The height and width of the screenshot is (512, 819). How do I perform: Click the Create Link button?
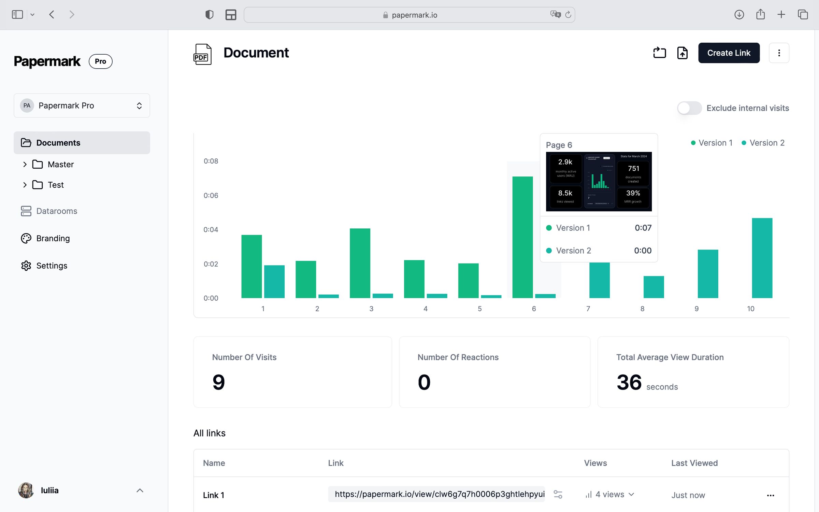pos(729,53)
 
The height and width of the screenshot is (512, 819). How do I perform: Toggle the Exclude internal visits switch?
pos(689,108)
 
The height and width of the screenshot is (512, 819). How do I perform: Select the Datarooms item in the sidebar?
pos(56,211)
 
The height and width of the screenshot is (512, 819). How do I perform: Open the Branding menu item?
pos(53,238)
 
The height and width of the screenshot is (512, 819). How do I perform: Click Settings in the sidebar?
pos(52,266)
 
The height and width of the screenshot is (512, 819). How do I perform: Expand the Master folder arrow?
pos(25,165)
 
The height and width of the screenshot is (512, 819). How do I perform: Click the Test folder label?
pos(56,185)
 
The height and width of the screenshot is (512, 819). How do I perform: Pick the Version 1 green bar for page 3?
pos(360,263)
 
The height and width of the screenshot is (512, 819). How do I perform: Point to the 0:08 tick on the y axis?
pos(211,161)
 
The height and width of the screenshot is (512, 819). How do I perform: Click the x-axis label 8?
pos(642,309)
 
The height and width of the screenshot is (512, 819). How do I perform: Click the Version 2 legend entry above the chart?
pos(763,143)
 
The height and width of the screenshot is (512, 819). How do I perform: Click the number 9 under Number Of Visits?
pos(218,382)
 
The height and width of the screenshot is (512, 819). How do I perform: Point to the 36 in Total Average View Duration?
pos(629,382)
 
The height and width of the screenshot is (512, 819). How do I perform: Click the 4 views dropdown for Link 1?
pos(609,495)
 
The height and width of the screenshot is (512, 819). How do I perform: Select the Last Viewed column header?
pos(694,463)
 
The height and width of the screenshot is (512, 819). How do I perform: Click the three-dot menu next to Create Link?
pos(779,53)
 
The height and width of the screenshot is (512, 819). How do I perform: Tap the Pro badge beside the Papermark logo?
pos(100,61)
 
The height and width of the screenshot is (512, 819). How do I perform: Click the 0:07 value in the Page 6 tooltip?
pos(643,228)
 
